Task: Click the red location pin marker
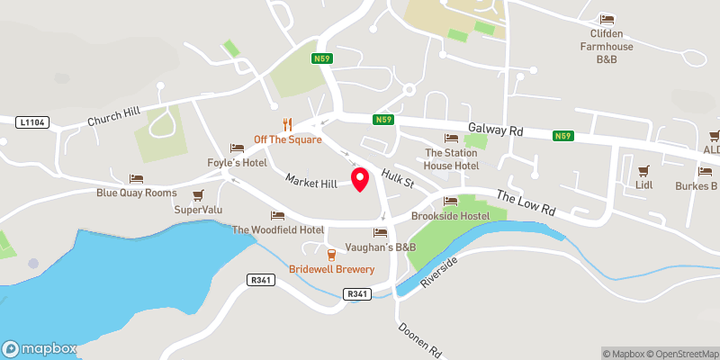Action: click(360, 178)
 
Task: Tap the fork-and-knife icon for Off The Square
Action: click(288, 124)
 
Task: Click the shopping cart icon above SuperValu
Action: click(198, 194)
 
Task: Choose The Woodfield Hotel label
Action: click(278, 229)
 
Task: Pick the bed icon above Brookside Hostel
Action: click(450, 201)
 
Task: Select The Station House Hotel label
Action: click(451, 158)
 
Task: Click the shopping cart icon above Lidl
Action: click(643, 170)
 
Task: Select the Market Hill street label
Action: click(310, 182)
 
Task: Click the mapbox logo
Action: click(40, 349)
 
